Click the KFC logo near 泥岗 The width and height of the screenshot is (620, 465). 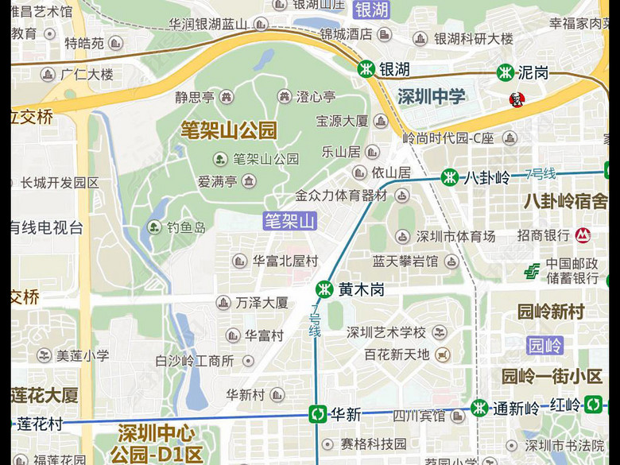click(x=517, y=100)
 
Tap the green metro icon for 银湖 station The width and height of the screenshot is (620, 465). click(x=366, y=69)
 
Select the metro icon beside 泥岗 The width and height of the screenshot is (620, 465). click(x=505, y=73)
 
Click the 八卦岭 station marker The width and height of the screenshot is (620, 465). click(x=451, y=177)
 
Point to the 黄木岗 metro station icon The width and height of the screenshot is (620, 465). click(x=324, y=289)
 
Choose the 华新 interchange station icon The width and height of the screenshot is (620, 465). click(x=317, y=414)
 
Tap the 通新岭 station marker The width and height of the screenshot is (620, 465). click(x=479, y=409)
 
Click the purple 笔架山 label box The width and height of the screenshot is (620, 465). click(x=290, y=221)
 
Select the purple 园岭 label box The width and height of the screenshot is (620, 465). click(x=545, y=345)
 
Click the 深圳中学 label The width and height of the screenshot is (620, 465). click(x=432, y=97)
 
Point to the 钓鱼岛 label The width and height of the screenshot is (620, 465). click(x=186, y=227)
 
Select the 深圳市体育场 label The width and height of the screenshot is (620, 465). click(x=455, y=236)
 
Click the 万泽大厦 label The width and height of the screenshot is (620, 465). click(x=262, y=302)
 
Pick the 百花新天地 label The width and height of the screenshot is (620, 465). click(x=397, y=354)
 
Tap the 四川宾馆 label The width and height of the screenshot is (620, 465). click(x=420, y=415)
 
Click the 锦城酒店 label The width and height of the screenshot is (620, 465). click(x=346, y=34)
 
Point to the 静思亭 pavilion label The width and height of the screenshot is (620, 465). click(x=195, y=97)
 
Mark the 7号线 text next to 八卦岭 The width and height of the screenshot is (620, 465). click(x=541, y=174)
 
